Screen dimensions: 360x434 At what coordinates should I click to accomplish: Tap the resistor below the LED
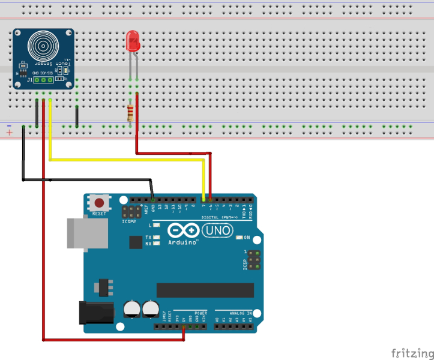pos(130,112)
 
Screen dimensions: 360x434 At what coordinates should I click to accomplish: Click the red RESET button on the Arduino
pos(99,203)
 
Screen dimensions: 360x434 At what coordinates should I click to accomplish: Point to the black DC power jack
pos(96,312)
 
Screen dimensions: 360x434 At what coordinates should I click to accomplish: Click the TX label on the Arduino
pos(148,238)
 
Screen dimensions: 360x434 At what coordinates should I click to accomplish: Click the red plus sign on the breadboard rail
pos(9,132)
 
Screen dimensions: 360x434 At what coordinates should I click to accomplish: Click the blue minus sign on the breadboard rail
pos(9,125)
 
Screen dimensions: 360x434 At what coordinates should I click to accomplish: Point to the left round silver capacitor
pos(132,310)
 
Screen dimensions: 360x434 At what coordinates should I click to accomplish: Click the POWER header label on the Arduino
pos(201,313)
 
